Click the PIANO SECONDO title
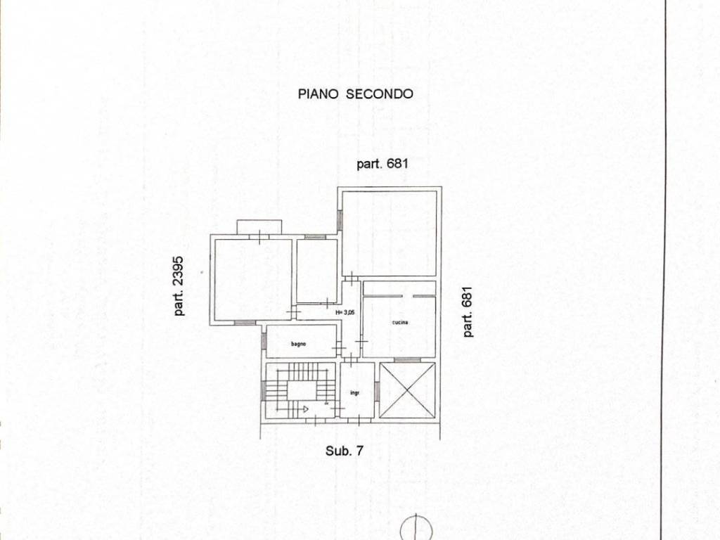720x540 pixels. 355,94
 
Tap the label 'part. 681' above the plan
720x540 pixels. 382,164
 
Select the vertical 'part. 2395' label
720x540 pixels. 179,285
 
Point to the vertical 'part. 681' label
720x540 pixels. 468,311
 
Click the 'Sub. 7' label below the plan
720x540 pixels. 345,451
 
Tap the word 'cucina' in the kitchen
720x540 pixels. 400,322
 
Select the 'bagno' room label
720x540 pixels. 298,344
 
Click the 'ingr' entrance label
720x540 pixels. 354,393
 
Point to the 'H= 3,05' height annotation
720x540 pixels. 345,312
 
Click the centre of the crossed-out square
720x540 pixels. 407,390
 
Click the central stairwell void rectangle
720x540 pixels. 301,390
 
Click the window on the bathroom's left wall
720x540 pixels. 264,341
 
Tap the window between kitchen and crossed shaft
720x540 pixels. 408,360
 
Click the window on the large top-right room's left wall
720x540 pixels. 340,219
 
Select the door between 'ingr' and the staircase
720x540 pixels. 338,409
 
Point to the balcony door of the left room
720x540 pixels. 259,237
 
